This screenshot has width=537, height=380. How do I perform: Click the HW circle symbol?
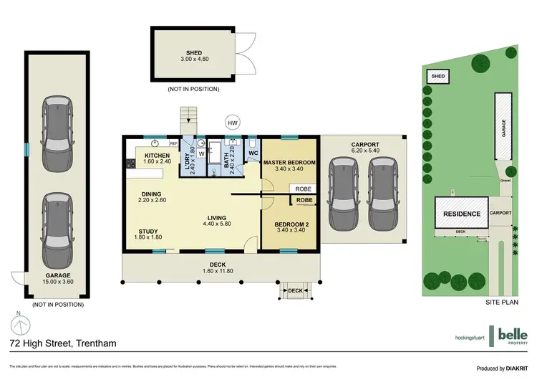coord(232,123)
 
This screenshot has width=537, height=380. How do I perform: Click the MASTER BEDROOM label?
coord(289,163)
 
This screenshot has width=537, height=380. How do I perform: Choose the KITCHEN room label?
coord(157,156)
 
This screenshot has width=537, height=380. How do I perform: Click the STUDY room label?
coord(149,231)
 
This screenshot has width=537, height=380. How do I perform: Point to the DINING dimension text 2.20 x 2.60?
coord(152,200)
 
